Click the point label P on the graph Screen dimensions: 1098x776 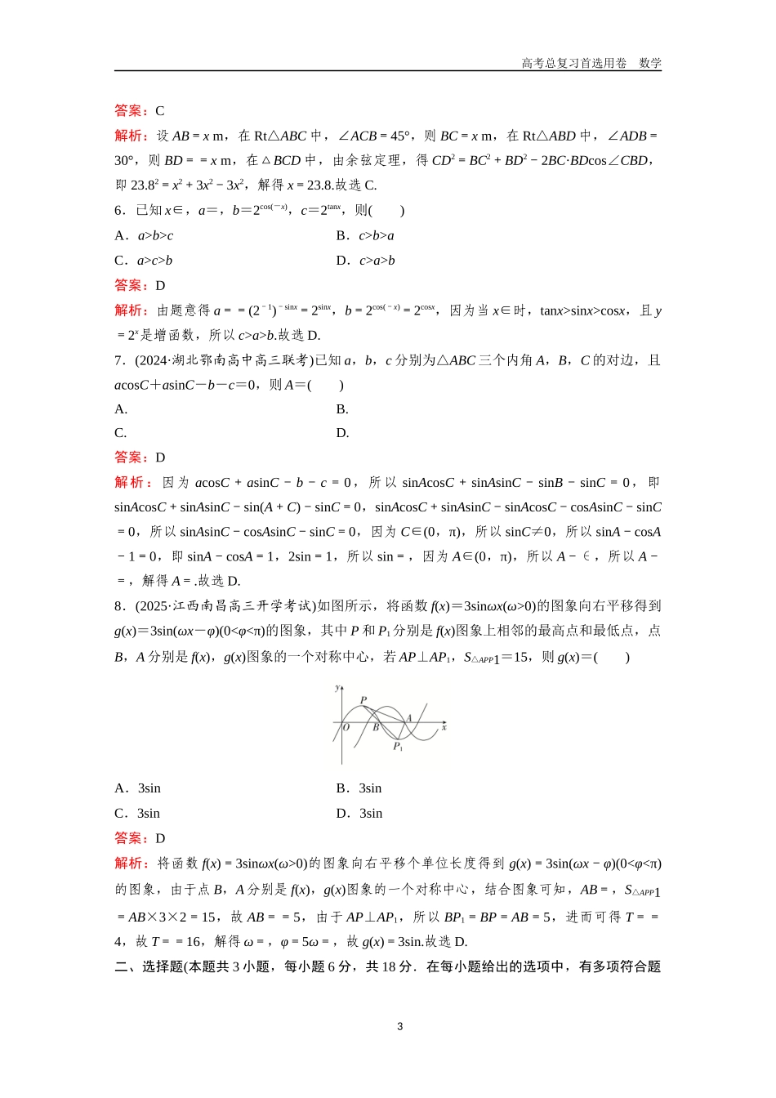click(363, 700)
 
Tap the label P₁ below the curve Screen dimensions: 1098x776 click(398, 747)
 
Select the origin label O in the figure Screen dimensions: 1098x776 click(346, 727)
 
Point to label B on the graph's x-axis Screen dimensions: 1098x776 click(376, 727)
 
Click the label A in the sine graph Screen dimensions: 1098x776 click(408, 718)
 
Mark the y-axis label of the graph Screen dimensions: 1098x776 click(337, 688)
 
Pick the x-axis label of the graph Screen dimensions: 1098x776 click(444, 726)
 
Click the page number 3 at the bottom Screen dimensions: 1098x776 click(399, 1026)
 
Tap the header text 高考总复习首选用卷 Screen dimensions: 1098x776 click(574, 63)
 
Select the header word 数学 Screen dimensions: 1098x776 click(650, 63)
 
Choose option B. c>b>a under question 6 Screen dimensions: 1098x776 click(365, 235)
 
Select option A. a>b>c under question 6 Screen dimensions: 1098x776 click(144, 235)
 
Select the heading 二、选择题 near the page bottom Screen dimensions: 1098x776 click(149, 966)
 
